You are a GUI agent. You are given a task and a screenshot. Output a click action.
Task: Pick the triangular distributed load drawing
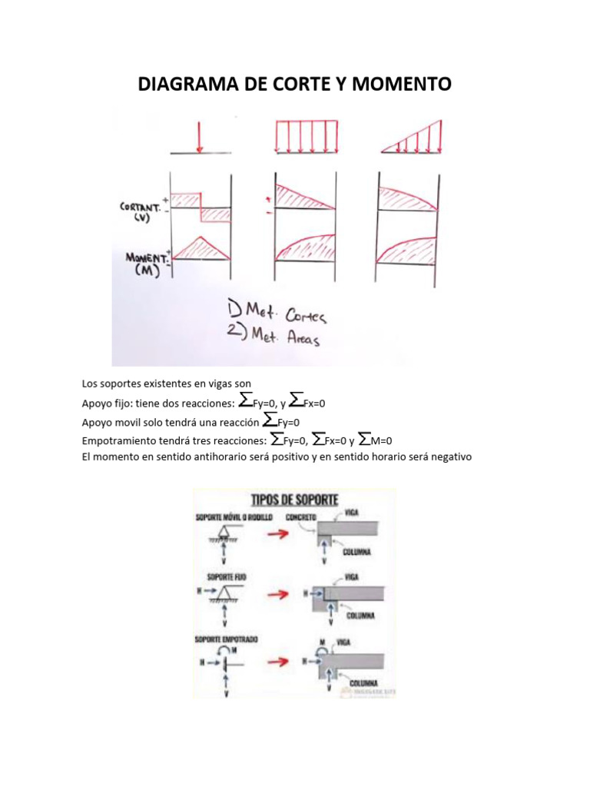413,138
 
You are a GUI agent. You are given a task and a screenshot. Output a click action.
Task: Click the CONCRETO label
301,518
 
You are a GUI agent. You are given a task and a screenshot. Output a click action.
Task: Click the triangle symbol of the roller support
224,532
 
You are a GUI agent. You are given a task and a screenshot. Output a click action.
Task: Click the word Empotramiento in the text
116,440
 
